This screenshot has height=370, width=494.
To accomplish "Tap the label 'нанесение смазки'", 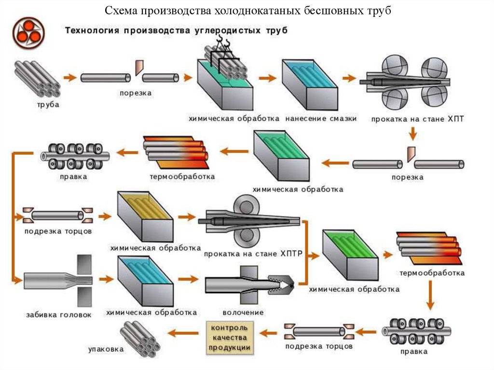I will (321, 118).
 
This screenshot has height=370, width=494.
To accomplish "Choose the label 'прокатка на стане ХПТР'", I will (252, 253).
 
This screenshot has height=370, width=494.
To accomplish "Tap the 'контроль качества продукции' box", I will (230, 337).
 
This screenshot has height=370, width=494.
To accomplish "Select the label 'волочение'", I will (243, 313).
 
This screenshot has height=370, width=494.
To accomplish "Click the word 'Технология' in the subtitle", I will (92, 30).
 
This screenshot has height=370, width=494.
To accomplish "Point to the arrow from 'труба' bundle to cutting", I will (70, 77).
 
